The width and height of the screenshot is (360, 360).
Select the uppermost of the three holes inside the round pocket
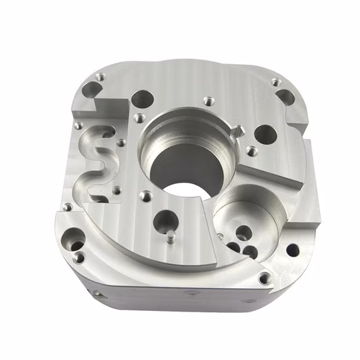click(242, 231)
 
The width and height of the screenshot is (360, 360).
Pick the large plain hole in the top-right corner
click(285, 98)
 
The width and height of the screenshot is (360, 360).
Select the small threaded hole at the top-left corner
click(99, 77)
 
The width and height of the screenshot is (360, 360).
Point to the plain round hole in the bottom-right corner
click(293, 249)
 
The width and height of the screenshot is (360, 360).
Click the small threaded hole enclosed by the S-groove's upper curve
click(121, 142)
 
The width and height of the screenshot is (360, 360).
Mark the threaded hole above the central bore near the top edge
click(209, 101)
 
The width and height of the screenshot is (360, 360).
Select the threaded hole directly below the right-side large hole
click(251, 152)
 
